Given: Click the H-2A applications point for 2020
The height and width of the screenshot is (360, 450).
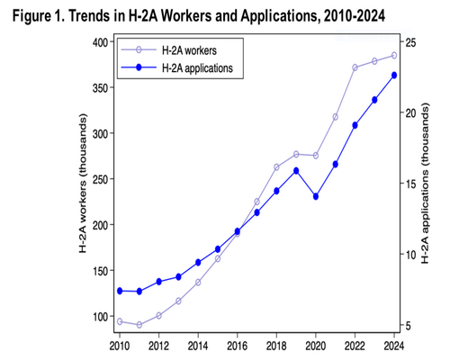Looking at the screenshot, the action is [x=316, y=197].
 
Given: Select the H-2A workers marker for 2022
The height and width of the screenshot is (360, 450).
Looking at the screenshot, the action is [x=355, y=67].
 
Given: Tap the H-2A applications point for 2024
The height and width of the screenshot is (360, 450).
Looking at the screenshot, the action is [x=394, y=76].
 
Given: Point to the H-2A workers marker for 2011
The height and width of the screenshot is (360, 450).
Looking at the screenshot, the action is [x=139, y=325].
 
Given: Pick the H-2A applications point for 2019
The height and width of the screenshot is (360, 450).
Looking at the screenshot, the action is [x=296, y=171].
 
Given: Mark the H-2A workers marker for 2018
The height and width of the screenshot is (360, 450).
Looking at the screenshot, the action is [x=276, y=167].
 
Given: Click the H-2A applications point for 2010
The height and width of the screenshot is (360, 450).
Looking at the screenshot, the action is [x=120, y=291].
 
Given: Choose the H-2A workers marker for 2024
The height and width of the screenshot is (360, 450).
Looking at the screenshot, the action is [x=394, y=56].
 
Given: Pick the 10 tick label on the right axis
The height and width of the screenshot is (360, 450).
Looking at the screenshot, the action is [x=410, y=255].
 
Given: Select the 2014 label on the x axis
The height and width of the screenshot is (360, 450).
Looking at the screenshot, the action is [x=198, y=346].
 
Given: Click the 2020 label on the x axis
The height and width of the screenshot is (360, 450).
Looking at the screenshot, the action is [x=316, y=346].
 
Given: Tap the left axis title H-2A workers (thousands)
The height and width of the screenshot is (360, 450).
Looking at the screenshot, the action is [x=83, y=184].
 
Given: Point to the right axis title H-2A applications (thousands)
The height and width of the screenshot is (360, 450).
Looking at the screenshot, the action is [x=426, y=183].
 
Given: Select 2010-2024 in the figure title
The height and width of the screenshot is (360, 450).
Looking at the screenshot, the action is [x=355, y=16].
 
